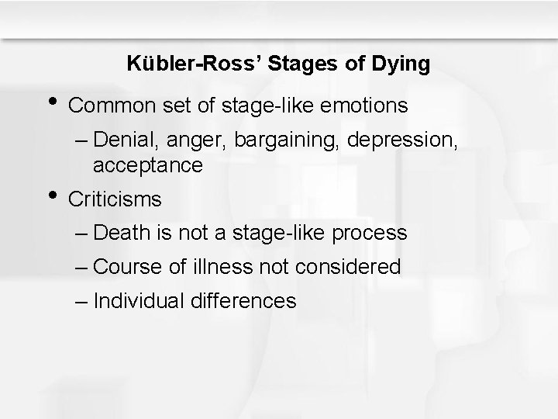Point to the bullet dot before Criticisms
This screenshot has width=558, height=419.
click(52, 193)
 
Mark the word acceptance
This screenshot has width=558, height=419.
click(147, 165)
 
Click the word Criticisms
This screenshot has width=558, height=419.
click(115, 199)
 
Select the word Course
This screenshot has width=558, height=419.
click(133, 267)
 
